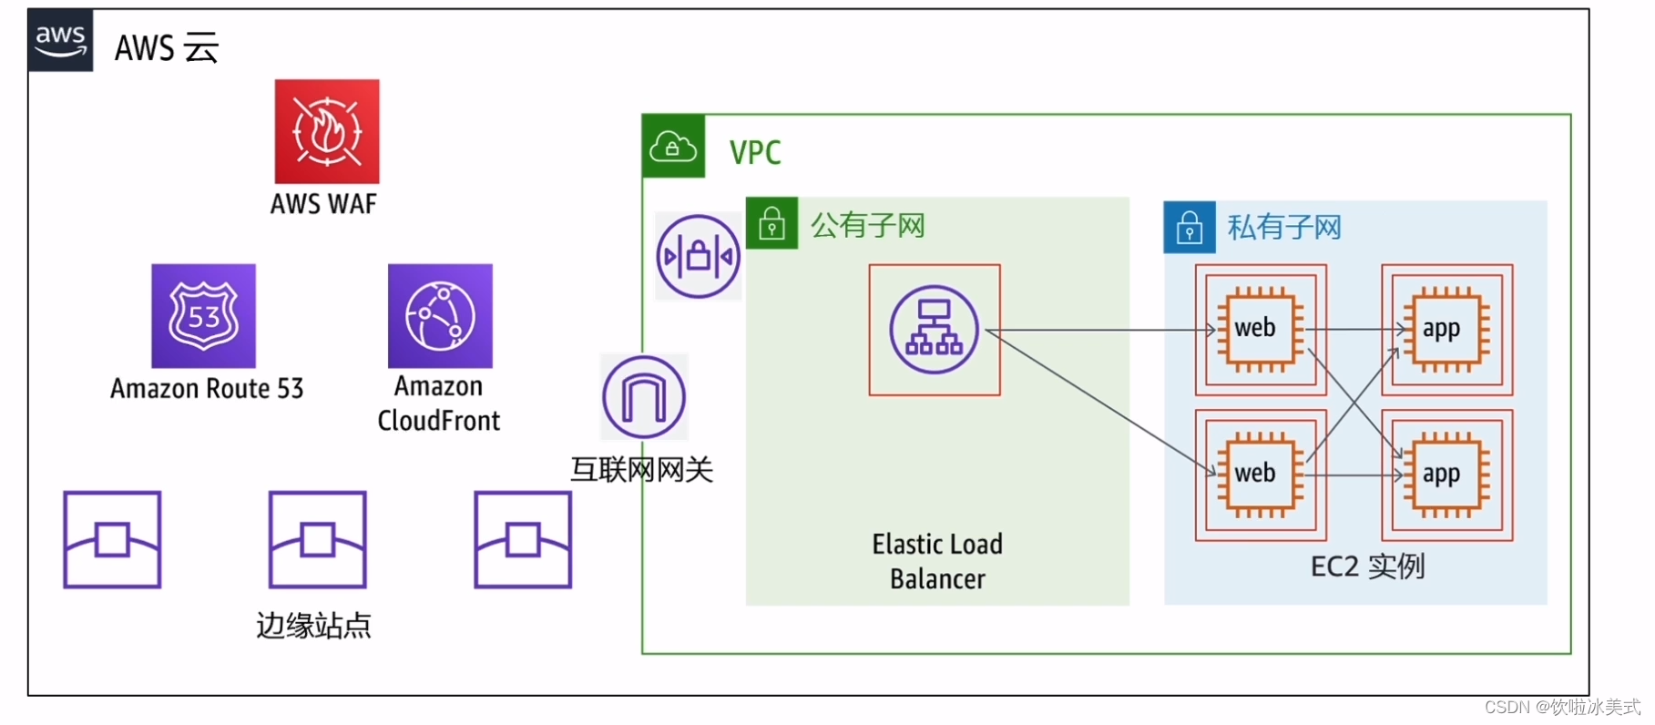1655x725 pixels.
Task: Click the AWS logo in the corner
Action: point(60,40)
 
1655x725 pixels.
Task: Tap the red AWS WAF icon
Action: point(327,131)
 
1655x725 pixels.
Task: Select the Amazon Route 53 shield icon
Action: point(203,316)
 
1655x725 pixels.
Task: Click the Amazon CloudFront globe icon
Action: point(440,316)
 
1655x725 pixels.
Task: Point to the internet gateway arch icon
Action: point(644,397)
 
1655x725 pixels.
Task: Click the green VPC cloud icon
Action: point(673,146)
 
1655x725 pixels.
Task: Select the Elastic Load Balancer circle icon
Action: point(934,330)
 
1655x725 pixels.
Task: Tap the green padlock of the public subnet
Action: point(771,223)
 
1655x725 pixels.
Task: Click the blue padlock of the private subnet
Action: point(1190,227)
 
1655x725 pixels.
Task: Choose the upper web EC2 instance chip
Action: point(1260,329)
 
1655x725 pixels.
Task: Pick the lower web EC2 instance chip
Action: point(1260,475)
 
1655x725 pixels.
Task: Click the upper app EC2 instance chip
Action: point(1446,329)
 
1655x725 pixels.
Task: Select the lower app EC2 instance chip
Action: point(1446,475)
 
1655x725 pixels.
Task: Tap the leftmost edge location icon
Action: point(112,539)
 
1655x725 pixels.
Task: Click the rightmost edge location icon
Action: point(523,539)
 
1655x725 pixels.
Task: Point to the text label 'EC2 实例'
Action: point(1367,567)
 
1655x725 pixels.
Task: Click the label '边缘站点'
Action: point(313,626)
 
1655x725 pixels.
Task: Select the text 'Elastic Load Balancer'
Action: point(937,561)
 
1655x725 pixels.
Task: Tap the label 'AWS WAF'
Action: point(323,204)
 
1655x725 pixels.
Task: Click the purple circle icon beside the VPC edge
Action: point(699,257)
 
